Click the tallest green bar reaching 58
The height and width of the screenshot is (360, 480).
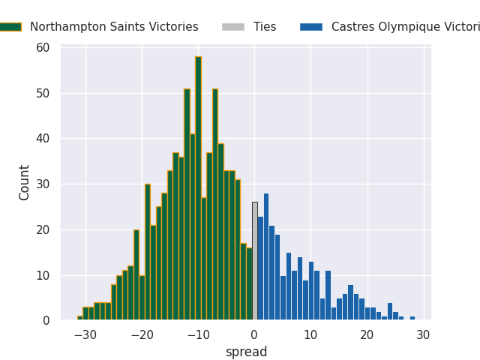pos(198,187)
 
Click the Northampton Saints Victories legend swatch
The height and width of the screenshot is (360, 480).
pos(10,27)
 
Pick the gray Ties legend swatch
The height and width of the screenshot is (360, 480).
pos(232,27)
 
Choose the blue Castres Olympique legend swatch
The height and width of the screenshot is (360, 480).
pos(310,27)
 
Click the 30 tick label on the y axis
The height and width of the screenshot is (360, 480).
pos(43,184)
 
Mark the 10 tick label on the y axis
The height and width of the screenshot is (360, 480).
pos(43,275)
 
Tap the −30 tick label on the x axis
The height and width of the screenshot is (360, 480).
pos(85,334)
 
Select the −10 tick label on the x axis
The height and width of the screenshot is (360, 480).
pos(198,334)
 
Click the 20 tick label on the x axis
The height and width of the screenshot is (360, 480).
pos(367,334)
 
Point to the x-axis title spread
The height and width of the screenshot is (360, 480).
pos(246,352)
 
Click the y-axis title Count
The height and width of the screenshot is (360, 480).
pos(25,182)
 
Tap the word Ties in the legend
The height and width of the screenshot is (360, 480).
pos(265,27)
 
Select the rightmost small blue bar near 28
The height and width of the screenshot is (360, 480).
pos(412,318)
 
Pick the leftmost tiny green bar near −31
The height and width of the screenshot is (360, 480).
pos(79,318)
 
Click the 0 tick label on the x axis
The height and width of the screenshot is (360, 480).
pos(254,334)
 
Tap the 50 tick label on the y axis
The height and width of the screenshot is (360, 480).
pos(43,94)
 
